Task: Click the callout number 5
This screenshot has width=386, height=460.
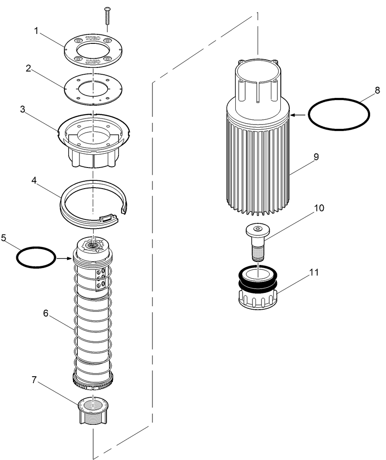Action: pyautogui.click(x=3, y=238)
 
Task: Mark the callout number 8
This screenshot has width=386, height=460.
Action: pyautogui.click(x=377, y=91)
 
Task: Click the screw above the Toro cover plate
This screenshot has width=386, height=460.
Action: pyautogui.click(x=106, y=17)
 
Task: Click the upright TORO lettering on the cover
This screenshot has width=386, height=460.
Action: pyautogui.click(x=93, y=39)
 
